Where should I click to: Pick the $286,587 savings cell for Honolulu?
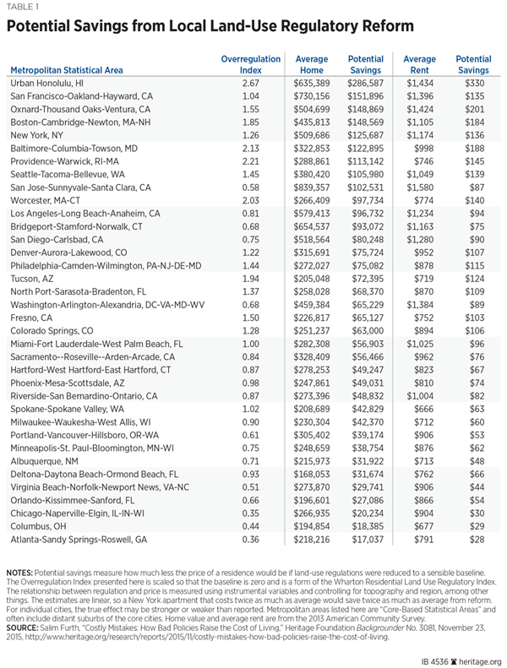coord(366,85)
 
